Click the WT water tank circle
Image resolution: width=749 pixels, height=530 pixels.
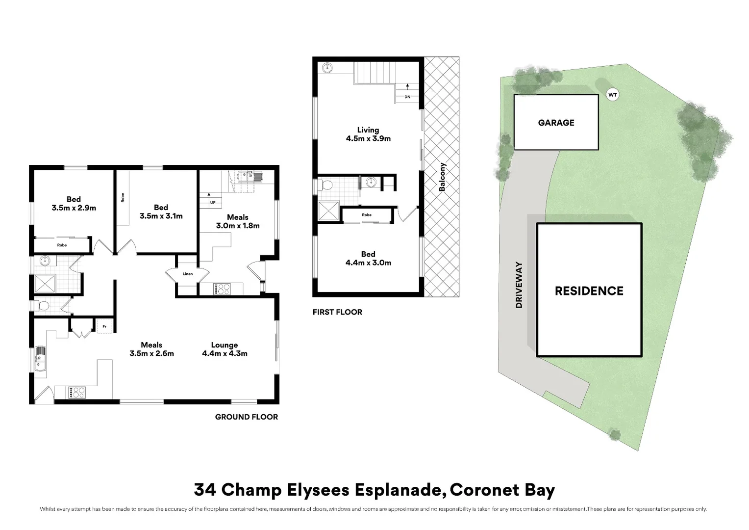612,95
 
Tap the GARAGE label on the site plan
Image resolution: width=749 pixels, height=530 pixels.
556,123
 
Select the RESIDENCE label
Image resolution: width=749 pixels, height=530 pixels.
589,291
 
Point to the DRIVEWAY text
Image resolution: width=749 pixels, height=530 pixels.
519,285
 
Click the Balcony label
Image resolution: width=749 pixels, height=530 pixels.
442,177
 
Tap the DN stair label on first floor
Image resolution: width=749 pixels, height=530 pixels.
407,97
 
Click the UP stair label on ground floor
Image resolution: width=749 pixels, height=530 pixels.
213,202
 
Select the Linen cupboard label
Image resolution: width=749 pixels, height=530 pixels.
188,274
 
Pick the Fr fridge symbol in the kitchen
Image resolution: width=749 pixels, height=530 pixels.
105,326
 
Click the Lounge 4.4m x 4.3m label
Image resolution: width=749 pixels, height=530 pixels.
225,349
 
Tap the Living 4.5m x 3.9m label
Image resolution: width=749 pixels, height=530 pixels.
368,134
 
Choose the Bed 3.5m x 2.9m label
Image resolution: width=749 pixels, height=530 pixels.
74,204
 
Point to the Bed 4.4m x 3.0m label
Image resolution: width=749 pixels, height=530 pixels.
368,259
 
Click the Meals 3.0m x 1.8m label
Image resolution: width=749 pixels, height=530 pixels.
238,221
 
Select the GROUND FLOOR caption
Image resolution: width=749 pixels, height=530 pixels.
247,417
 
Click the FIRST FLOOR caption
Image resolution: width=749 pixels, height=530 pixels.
337,312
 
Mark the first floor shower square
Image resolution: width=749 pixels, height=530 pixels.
328,211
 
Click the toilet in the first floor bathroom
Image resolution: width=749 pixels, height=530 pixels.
325,185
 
